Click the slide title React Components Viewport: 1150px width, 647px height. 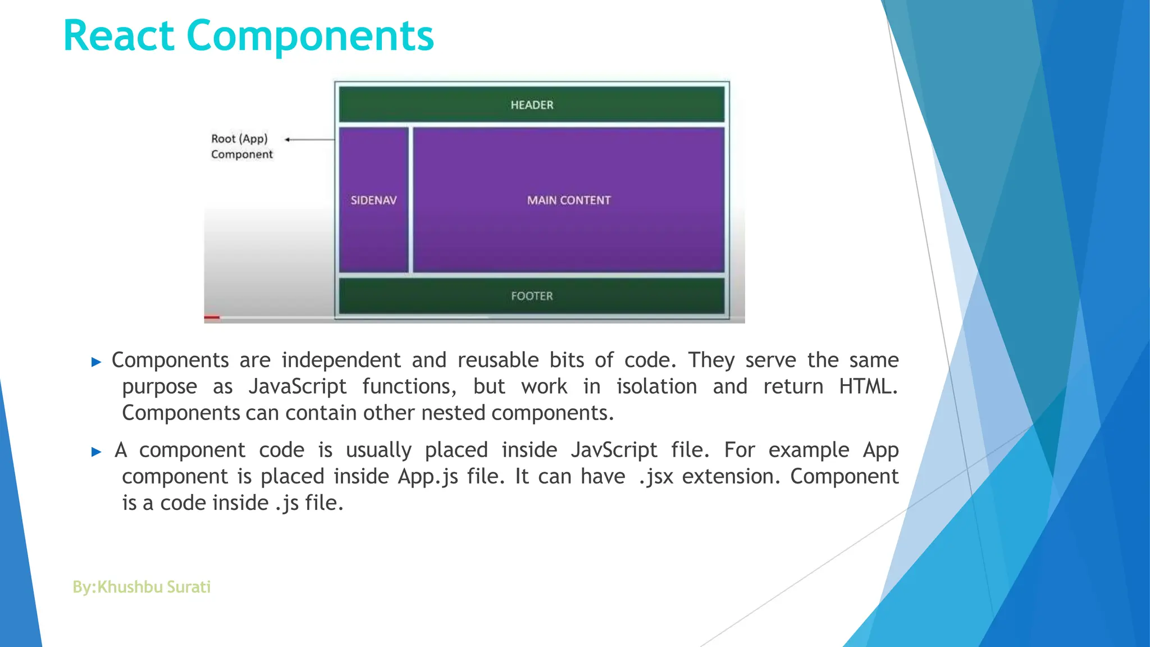click(249, 36)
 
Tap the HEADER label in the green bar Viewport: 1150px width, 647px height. click(532, 105)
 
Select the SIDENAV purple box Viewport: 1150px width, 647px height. click(373, 201)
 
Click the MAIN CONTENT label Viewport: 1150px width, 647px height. click(568, 201)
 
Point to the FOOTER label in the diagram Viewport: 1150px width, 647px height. click(532, 296)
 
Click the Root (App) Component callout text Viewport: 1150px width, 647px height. click(241, 147)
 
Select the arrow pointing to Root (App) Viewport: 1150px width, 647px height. click(309, 139)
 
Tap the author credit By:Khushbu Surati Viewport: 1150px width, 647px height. click(142, 587)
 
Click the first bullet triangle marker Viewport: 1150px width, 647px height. click(96, 362)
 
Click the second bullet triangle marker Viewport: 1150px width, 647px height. click(96, 452)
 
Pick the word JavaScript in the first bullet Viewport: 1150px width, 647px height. click(298, 387)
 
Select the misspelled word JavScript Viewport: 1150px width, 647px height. click(614, 450)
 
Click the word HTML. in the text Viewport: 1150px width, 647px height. click(868, 387)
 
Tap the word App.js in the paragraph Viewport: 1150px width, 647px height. click(428, 477)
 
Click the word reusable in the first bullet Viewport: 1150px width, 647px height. click(498, 361)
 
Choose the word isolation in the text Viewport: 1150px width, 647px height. click(656, 387)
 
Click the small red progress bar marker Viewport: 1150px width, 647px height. click(212, 317)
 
